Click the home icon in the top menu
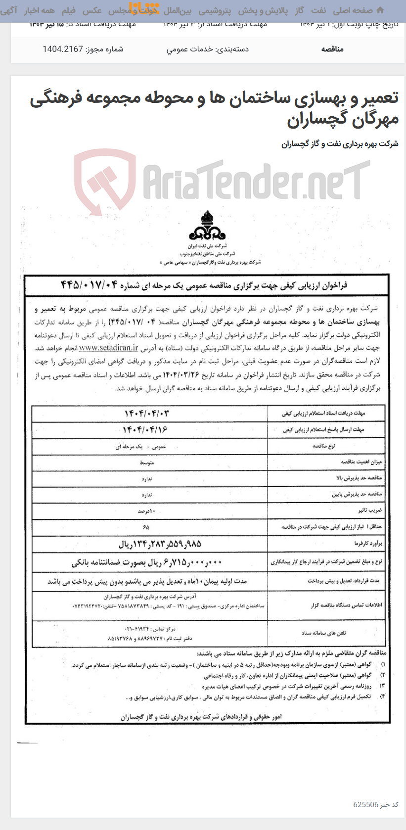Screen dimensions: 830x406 point(380,10)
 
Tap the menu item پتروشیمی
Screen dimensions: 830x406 point(215,10)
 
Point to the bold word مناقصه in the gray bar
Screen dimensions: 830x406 point(332,49)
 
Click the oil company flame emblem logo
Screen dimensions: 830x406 point(206,226)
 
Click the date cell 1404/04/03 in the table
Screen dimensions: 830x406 point(149,414)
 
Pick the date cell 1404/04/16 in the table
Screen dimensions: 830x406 point(148,430)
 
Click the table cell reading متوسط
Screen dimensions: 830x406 point(147,462)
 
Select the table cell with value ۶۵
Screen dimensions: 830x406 point(146,527)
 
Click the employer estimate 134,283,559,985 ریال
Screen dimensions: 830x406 point(160,544)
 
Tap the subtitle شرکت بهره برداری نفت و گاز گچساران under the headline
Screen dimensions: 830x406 point(340,144)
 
